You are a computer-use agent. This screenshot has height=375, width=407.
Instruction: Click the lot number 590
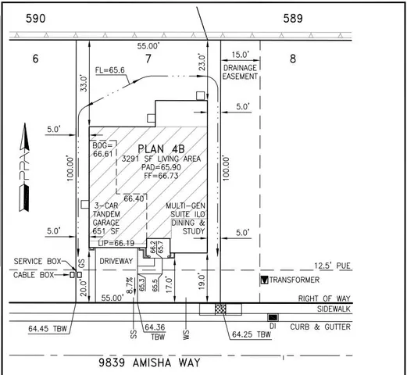37,17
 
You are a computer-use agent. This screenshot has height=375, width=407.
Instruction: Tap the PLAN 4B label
162,148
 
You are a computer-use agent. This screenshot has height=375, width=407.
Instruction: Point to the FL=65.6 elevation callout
112,70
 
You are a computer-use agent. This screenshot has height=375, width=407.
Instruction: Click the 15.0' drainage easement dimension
241,55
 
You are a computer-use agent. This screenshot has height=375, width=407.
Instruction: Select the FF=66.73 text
164,177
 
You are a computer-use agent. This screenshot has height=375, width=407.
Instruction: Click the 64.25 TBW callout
252,334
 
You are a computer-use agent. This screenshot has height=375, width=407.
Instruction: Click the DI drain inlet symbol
272,316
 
